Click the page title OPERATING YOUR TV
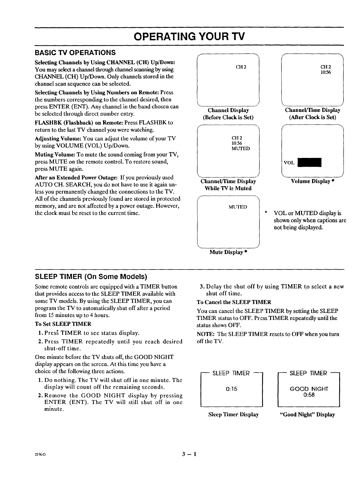click(189, 37)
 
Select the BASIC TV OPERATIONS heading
click(75, 53)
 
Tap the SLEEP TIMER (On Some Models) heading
click(91, 277)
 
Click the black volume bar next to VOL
click(310, 162)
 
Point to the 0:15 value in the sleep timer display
click(231, 389)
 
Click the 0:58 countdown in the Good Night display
click(309, 395)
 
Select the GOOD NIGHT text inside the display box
click(309, 389)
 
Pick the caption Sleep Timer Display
click(233, 415)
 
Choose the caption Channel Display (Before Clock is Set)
click(228, 114)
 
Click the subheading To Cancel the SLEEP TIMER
click(234, 302)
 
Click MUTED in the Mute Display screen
click(237, 207)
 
